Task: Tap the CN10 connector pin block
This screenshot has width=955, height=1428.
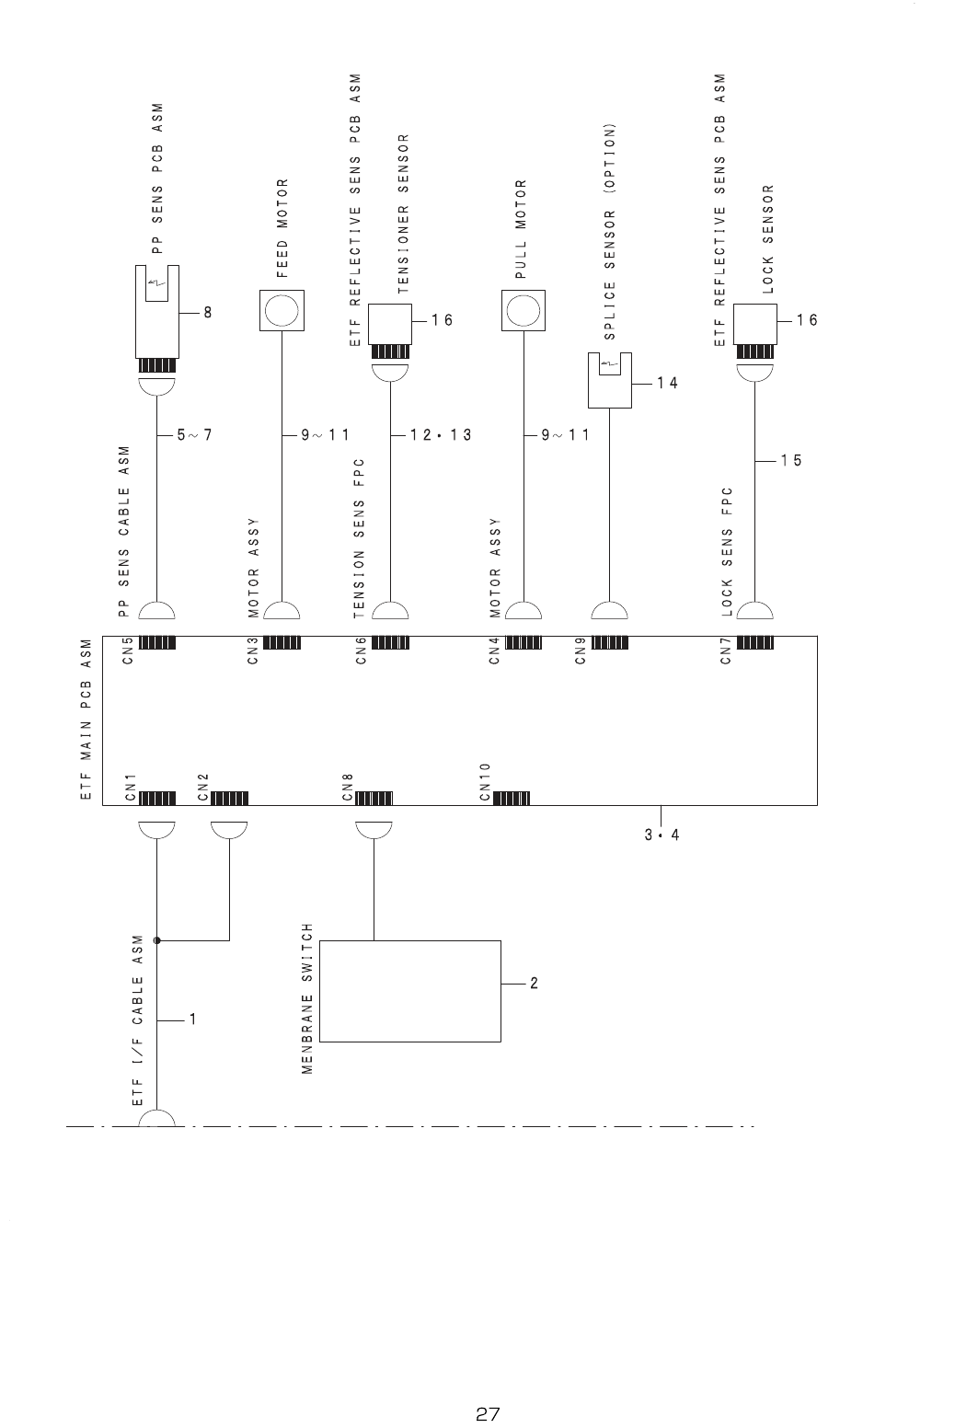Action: pos(511,798)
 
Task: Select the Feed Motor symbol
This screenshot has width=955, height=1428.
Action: pos(281,311)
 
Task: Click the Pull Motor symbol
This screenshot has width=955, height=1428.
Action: pos(523,311)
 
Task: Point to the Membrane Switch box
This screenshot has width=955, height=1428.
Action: pos(409,990)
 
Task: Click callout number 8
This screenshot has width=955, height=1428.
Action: pos(208,313)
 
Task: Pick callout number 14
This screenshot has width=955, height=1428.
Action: pos(667,383)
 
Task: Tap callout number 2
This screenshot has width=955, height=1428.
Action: pos(534,984)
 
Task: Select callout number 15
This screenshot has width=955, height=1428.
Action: pos(791,461)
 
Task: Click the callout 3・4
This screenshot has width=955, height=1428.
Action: pos(662,835)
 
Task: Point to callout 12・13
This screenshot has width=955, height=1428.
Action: pos(441,435)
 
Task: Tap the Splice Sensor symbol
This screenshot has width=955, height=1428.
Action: pos(609,380)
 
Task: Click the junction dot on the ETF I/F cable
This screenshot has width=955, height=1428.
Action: pos(157,940)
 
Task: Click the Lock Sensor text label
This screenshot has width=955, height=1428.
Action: pos(768,239)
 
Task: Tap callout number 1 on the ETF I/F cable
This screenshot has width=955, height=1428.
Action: pos(194,1019)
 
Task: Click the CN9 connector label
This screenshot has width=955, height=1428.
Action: pos(580,651)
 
